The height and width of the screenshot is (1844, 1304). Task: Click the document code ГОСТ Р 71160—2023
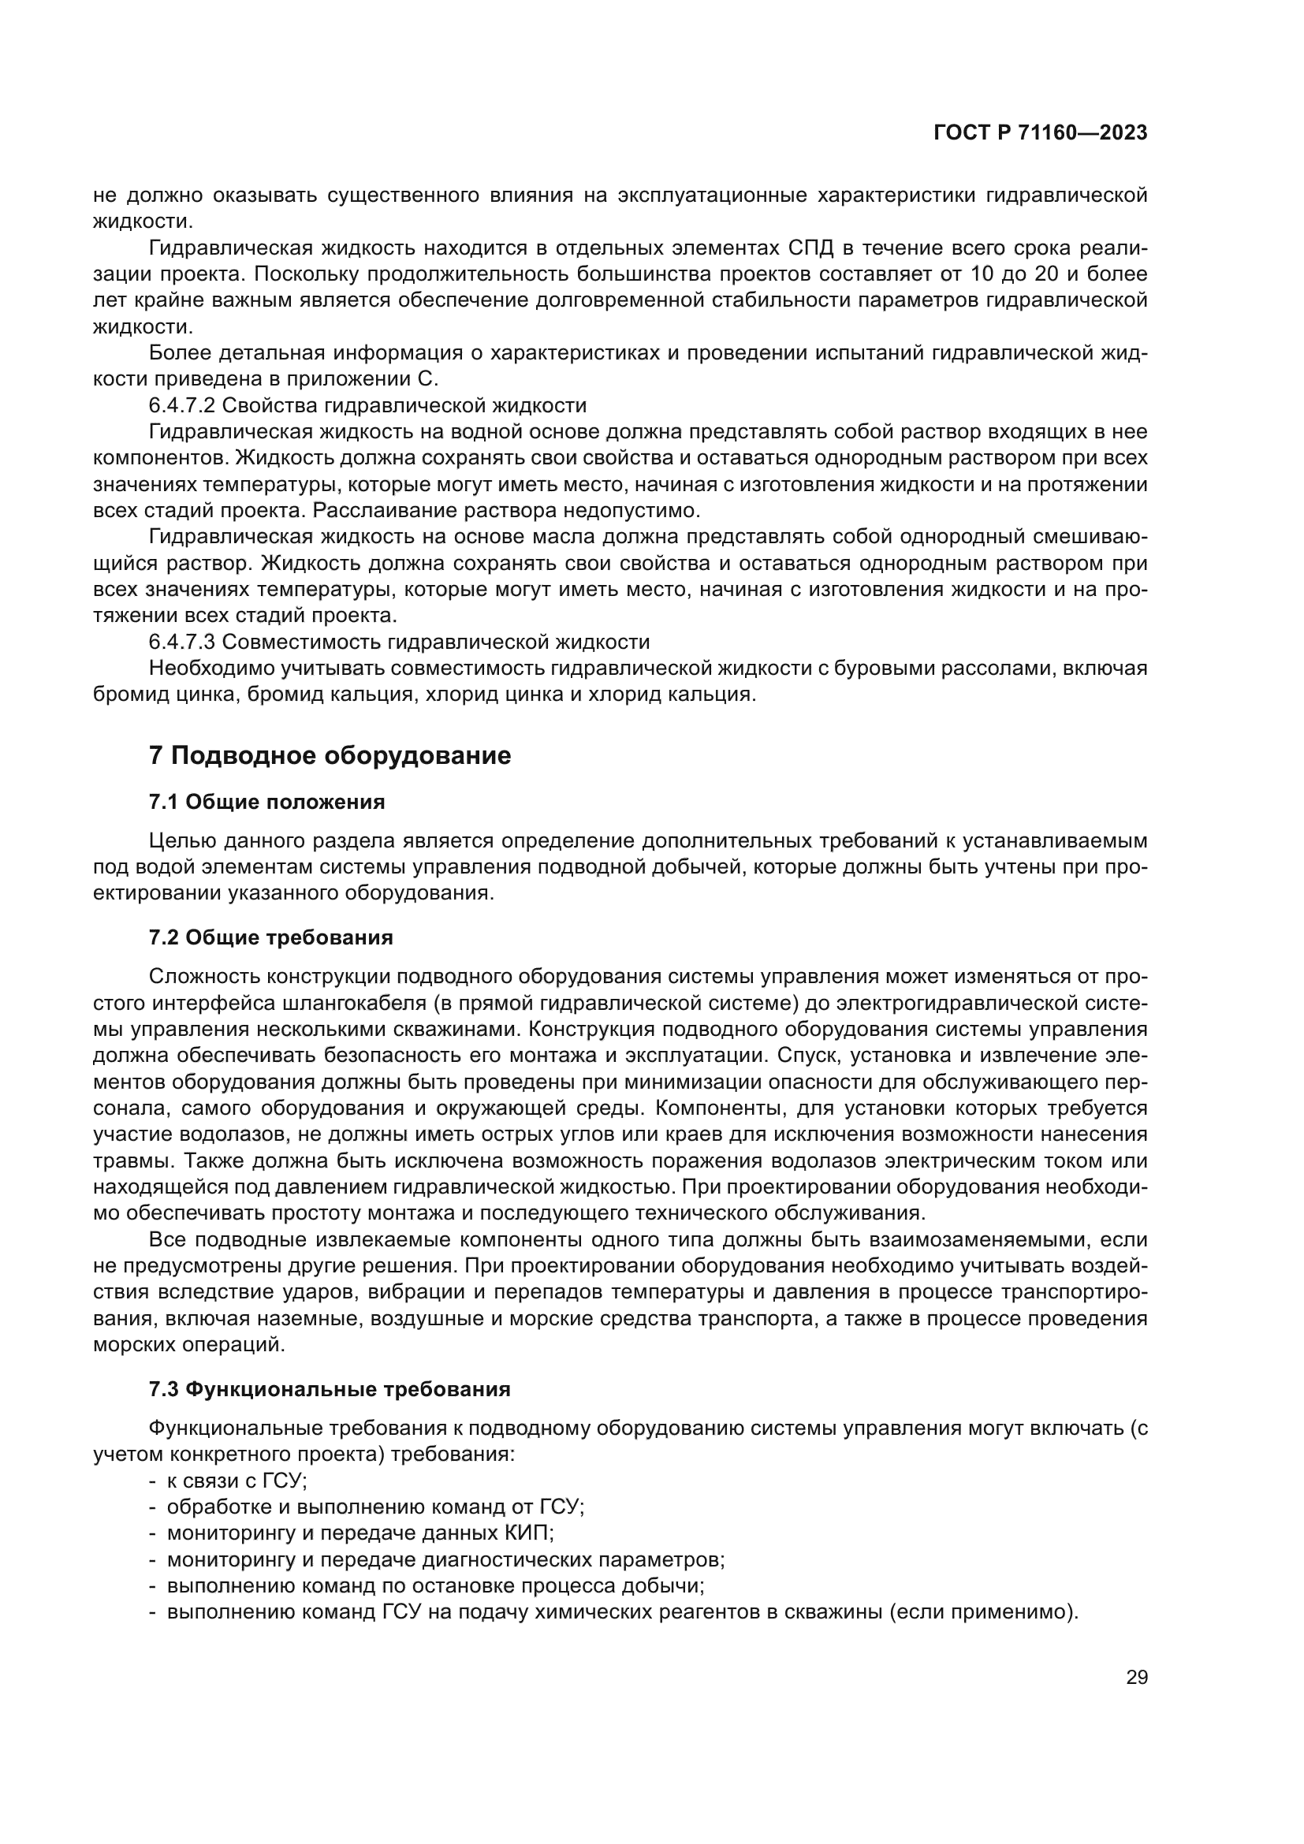pyautogui.click(x=1040, y=133)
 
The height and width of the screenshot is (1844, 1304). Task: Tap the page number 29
pyautogui.click(x=1136, y=1677)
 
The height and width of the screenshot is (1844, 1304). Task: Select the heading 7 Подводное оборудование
pyautogui.click(x=330, y=756)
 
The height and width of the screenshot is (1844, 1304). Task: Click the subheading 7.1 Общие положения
pyautogui.click(x=266, y=802)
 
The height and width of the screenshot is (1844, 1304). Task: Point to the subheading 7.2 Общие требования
pyautogui.click(x=270, y=937)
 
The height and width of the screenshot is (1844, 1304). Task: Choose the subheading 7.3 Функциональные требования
pyautogui.click(x=330, y=1388)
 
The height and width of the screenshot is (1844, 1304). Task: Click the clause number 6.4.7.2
pyautogui.click(x=181, y=405)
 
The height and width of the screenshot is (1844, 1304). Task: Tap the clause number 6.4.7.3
pyautogui.click(x=181, y=642)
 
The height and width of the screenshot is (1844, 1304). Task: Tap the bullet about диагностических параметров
pyautogui.click(x=445, y=1559)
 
